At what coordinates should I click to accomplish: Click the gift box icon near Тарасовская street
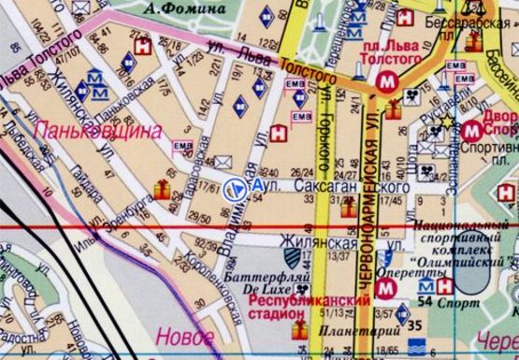163,191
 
